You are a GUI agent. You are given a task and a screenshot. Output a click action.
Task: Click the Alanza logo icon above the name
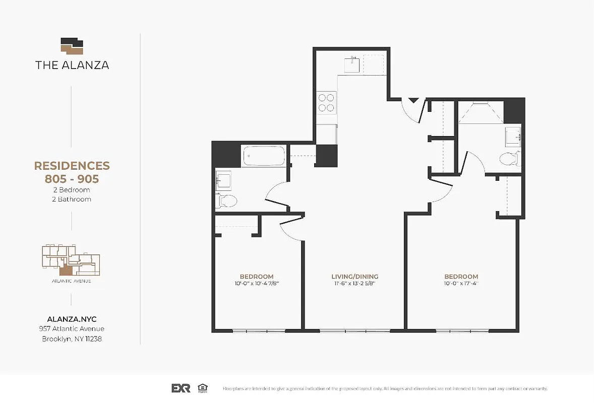pos(72,45)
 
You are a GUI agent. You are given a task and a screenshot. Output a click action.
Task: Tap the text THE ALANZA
pos(72,65)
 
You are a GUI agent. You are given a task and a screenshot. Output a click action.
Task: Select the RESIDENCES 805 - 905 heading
pos(72,171)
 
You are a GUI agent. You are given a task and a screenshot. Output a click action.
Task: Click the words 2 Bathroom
pos(72,199)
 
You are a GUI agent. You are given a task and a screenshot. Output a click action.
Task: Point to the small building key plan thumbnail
pos(71,259)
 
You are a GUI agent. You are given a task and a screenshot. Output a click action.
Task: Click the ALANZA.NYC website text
pos(72,319)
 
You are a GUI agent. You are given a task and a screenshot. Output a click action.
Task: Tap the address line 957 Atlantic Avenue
pos(72,329)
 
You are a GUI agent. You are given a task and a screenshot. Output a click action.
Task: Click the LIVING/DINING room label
pos(354,277)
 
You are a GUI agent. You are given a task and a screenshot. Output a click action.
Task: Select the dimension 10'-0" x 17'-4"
pos(461,284)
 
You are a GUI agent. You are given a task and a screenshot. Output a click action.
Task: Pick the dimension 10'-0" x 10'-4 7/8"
pos(256,284)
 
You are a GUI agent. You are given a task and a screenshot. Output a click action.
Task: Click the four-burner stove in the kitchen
pos(326,102)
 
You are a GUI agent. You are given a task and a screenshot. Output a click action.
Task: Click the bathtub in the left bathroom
pos(264,156)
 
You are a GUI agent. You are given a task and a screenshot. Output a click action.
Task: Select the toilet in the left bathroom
pos(227,201)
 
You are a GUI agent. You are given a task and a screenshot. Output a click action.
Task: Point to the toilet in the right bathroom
pos(509,159)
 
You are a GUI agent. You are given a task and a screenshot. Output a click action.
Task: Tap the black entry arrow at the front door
pos(413,100)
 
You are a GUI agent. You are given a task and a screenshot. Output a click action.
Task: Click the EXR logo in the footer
pos(181,388)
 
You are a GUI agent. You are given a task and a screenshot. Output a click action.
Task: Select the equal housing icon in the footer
pos(203,388)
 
